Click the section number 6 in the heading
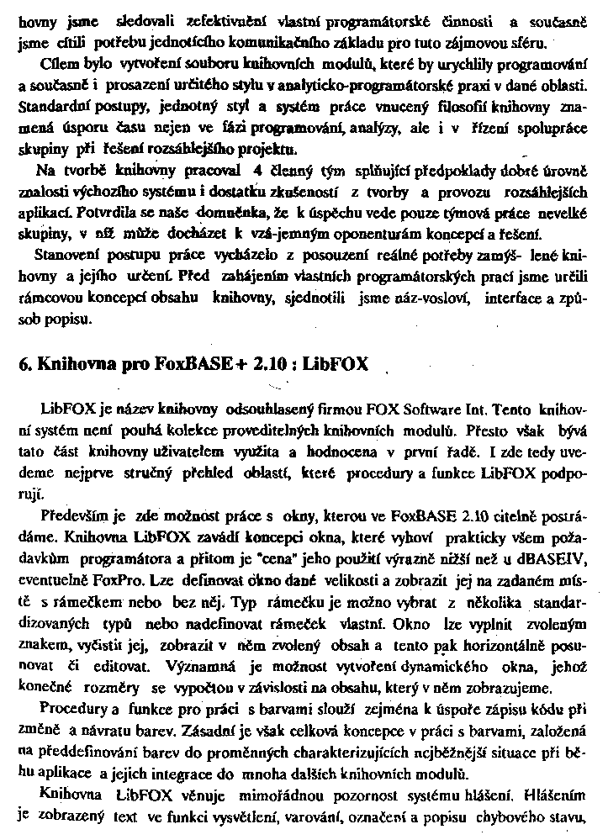(24, 367)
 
